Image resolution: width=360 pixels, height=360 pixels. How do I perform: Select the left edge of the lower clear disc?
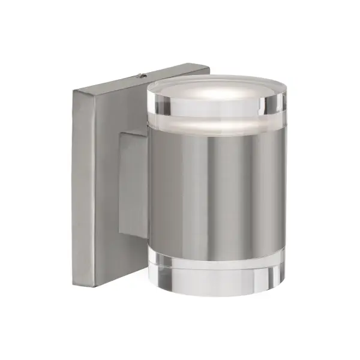[148, 270]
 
